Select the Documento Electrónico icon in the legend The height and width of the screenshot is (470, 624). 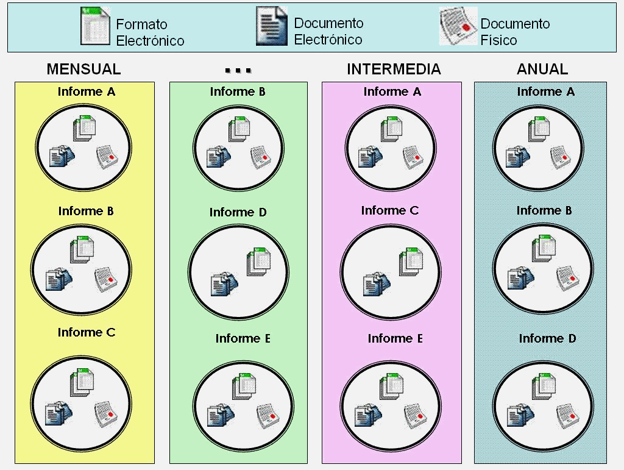pos(271,27)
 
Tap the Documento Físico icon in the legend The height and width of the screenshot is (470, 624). pos(458,27)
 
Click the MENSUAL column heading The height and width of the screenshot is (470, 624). pos(84,69)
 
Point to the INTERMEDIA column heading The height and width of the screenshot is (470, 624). pos(394,69)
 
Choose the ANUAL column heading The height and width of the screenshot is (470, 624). pos(542,69)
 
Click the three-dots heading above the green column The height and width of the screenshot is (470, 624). pos(238,70)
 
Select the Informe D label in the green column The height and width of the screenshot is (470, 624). pos(238,212)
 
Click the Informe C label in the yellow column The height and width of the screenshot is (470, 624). pos(87,332)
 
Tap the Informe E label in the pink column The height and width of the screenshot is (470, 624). pos(395,338)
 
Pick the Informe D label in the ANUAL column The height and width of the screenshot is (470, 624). pos(547,338)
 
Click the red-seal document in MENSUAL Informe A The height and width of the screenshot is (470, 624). pos(107,157)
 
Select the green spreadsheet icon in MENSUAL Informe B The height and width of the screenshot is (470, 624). pos(82,250)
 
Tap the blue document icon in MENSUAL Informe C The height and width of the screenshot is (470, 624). pos(60,413)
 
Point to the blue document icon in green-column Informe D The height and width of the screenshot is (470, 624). pos(224,284)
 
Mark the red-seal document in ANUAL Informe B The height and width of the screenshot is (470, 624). pos(568,278)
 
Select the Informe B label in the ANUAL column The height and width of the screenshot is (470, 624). pos(544,210)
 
